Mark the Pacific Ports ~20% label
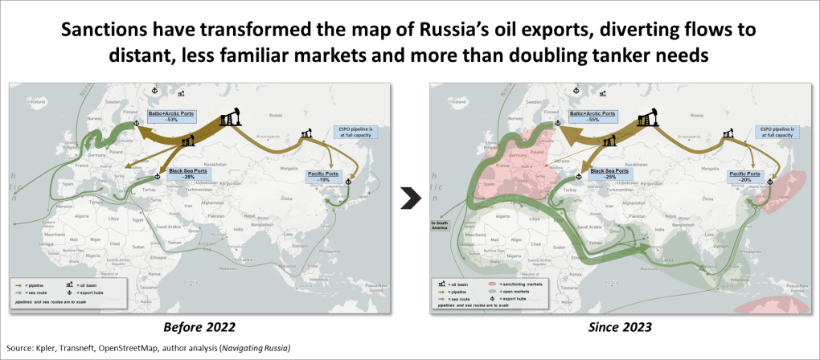click(744, 175)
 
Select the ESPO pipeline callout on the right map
click(773, 131)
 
